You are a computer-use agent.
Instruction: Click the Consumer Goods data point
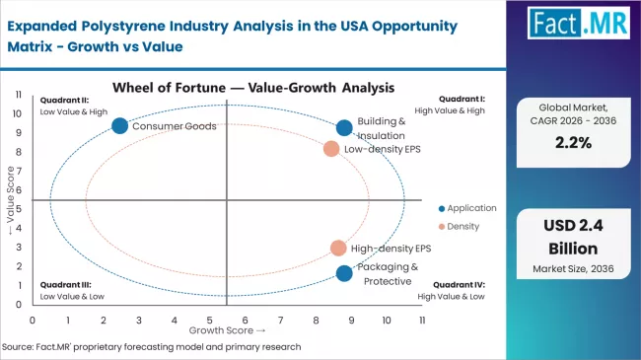point(119,125)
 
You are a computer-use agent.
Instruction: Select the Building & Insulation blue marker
point(344,127)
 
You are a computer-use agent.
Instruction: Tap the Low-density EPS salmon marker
point(331,149)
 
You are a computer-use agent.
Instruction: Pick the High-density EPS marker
point(338,249)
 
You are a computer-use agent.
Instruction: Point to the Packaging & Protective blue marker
point(343,273)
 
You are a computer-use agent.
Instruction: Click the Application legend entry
point(468,208)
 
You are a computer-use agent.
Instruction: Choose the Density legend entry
point(461,226)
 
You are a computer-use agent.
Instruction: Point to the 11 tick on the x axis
point(421,320)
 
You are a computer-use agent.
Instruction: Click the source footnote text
point(153,347)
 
